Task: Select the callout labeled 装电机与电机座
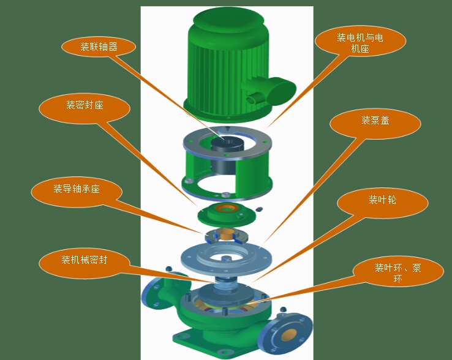(360, 43)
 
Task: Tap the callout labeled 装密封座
(85, 106)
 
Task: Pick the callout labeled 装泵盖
(375, 121)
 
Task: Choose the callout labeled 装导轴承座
(77, 190)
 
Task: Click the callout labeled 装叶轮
(382, 201)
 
